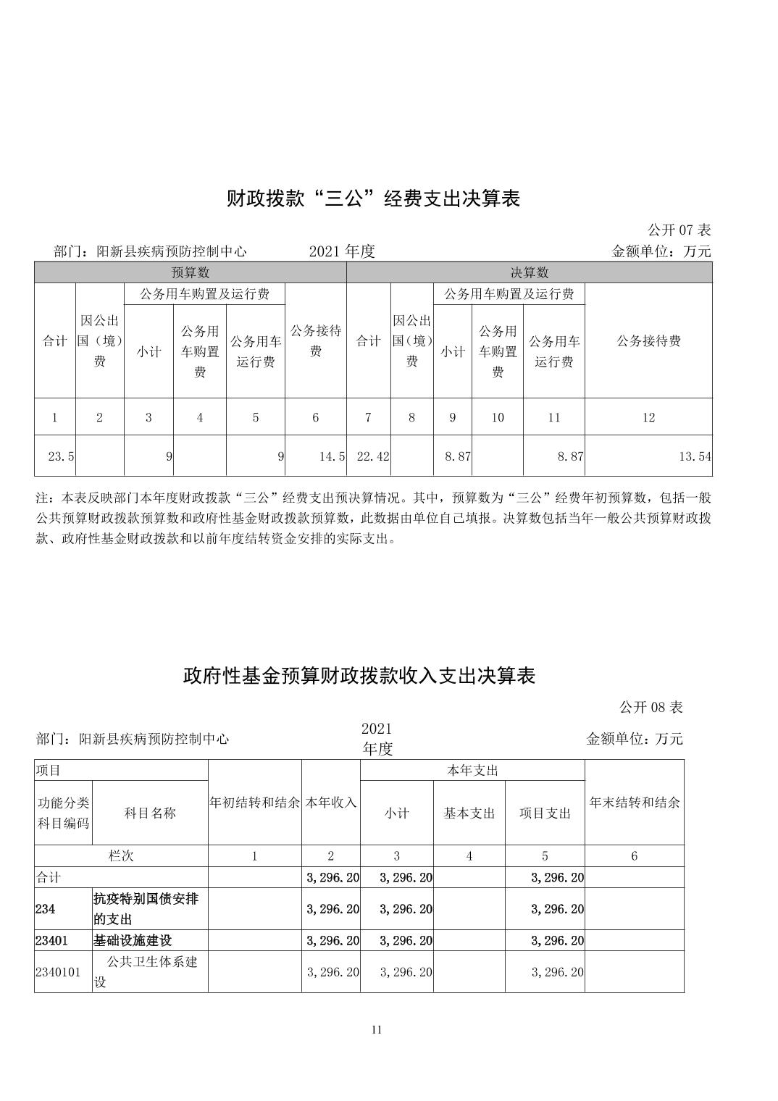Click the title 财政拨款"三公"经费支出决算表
tap(374, 198)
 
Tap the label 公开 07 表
tap(679, 230)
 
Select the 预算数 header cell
tap(191, 272)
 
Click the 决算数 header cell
tap(530, 272)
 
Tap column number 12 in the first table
tap(648, 417)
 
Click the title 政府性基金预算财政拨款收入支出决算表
tap(359, 676)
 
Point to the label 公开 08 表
tap(651, 707)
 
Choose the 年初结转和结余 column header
tap(254, 803)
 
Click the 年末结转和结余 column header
tap(634, 803)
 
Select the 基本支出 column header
tap(469, 813)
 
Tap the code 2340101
tap(58, 972)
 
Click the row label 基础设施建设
tap(133, 940)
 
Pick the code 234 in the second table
tap(45, 909)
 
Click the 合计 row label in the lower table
tap(49, 878)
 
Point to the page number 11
tap(376, 1030)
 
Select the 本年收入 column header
tap(331, 803)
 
